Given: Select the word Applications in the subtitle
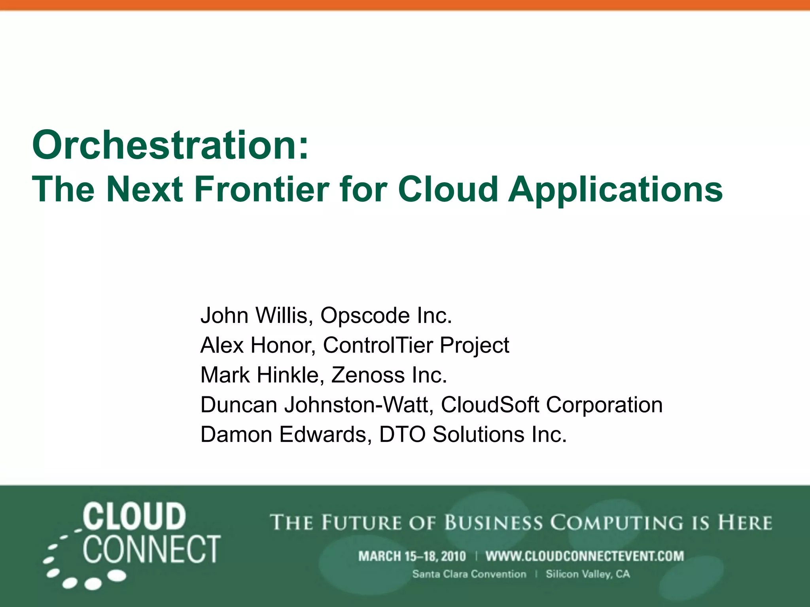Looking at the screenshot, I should (x=615, y=190).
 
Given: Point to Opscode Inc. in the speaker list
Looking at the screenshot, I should (x=386, y=315).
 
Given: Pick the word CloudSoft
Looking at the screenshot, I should (x=490, y=405).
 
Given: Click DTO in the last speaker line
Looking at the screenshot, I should (x=402, y=434).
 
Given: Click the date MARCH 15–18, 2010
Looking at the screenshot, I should (x=412, y=556).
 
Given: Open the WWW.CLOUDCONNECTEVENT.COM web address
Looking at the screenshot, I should (x=585, y=556).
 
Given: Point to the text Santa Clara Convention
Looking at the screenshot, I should (x=469, y=574).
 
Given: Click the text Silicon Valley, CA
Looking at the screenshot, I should (x=588, y=574).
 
